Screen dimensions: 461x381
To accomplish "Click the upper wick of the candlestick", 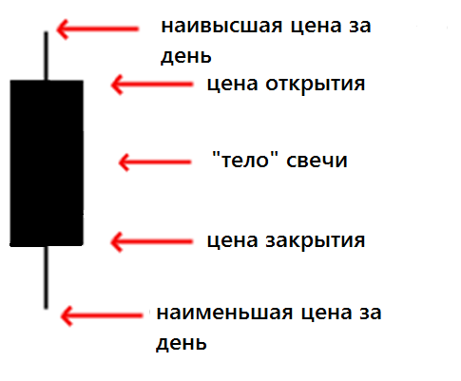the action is pyautogui.click(x=47, y=56).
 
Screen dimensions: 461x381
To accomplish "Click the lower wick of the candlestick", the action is pyautogui.click(x=47, y=277).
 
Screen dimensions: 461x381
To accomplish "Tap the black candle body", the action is pyautogui.click(x=47, y=163).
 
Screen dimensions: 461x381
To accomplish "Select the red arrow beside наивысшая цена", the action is pyautogui.click(x=98, y=29).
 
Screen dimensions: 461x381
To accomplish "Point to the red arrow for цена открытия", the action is pyautogui.click(x=152, y=85).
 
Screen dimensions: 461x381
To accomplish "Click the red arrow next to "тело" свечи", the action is pyautogui.click(x=155, y=162).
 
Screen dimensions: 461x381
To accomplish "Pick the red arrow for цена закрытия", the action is pyautogui.click(x=152, y=242).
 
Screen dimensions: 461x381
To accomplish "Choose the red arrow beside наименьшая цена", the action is pyautogui.click(x=102, y=315).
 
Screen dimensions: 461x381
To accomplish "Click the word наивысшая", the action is pyautogui.click(x=221, y=27).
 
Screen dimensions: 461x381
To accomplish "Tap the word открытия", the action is pyautogui.click(x=316, y=85).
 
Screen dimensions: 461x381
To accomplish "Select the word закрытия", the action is pyautogui.click(x=316, y=241).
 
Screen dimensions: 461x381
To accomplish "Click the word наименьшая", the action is pyautogui.click(x=224, y=314).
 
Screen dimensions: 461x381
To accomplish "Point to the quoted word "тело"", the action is pyautogui.click(x=245, y=160).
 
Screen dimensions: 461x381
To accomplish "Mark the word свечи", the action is pyautogui.click(x=317, y=161).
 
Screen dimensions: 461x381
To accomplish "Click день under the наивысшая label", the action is pyautogui.click(x=186, y=57).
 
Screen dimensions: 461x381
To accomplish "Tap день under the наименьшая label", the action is pyautogui.click(x=182, y=343).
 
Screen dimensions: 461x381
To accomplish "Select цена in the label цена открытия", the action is pyautogui.click(x=232, y=85).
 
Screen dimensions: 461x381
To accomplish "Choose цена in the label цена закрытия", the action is pyautogui.click(x=232, y=241).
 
